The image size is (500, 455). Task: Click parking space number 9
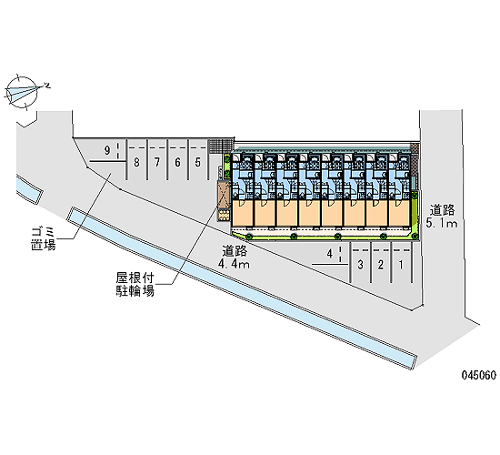point(107,150)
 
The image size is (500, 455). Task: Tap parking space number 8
point(136,163)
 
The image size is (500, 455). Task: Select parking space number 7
point(157,163)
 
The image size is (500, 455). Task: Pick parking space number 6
point(177,163)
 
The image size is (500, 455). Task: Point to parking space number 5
point(198,163)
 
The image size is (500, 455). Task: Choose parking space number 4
point(330,254)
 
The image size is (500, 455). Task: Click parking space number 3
point(360,265)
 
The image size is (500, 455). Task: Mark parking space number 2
point(381,265)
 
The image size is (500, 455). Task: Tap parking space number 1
point(401,265)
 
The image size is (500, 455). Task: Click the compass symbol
point(22,92)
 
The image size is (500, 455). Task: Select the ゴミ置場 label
point(44,238)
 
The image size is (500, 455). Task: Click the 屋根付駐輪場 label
point(135,284)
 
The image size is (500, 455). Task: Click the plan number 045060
point(479,375)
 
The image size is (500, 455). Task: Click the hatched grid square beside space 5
point(221,147)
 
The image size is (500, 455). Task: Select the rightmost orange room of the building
point(400,213)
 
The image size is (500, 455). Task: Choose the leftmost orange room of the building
point(242,213)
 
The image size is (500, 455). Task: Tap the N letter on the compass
point(47,86)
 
